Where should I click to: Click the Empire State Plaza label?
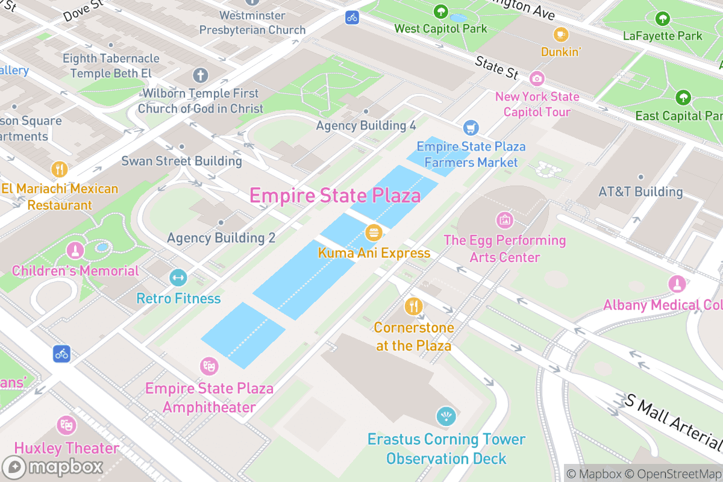point(335,196)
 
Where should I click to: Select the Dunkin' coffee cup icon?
point(561,34)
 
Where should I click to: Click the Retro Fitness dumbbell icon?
point(178,278)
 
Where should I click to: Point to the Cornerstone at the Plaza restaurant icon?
point(413,306)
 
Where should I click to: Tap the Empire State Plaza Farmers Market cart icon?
point(471,128)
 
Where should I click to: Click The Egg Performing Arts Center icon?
point(504,220)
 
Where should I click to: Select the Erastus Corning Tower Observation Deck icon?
point(446,416)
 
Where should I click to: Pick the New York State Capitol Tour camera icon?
point(537,78)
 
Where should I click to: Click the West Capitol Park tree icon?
point(440,11)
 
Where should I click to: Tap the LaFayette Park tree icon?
point(663,19)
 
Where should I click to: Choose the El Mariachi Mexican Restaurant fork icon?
point(59,169)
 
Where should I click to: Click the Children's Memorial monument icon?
point(75,249)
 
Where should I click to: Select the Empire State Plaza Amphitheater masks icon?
point(209,366)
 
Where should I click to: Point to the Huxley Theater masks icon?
point(66,425)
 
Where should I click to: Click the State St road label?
point(496,67)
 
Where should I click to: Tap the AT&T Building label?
point(640,192)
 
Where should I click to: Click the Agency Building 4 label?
point(366,125)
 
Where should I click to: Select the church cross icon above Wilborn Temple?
point(200,76)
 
